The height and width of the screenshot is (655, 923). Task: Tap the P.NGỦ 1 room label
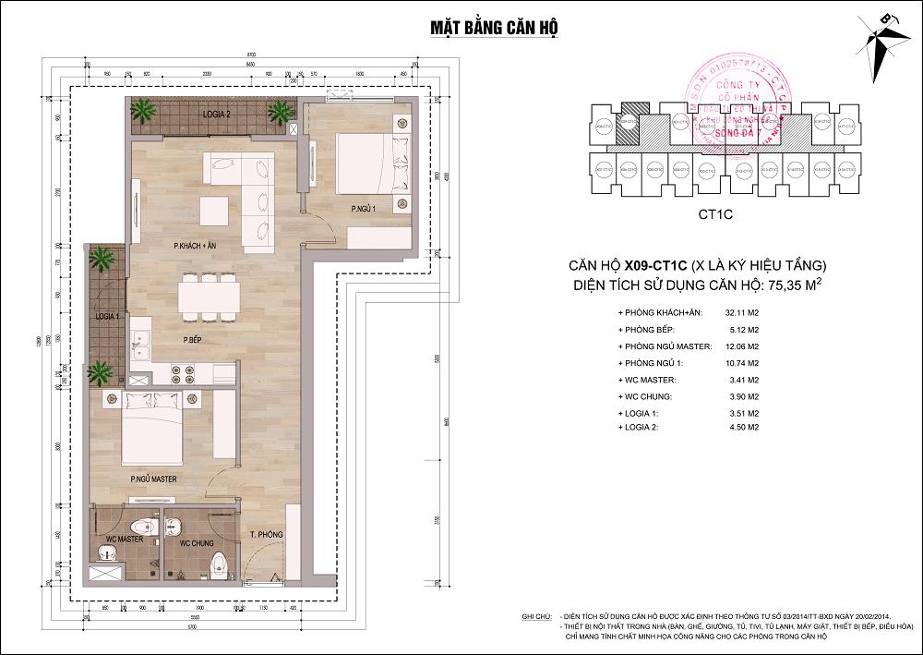[x=364, y=211]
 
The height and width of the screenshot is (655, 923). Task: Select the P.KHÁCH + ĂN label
[x=196, y=246]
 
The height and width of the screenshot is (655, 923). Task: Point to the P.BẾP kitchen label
[x=194, y=339]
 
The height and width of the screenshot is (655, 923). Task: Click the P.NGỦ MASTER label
[x=153, y=479]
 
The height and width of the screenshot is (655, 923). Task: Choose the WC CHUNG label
[x=198, y=543]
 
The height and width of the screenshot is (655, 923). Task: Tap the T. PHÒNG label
[x=265, y=536]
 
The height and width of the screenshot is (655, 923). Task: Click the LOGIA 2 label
[x=216, y=114]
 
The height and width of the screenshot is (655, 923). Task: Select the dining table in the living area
[x=210, y=297]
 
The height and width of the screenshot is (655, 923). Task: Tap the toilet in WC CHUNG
[x=220, y=564]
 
